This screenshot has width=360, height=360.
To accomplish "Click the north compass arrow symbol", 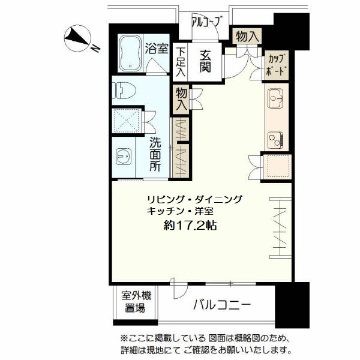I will (x=79, y=37).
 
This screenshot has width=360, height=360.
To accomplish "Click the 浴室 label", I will (x=157, y=49).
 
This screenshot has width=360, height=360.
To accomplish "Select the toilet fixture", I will (x=123, y=89).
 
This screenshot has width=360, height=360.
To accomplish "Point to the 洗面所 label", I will (x=155, y=155).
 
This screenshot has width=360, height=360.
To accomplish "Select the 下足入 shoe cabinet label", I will (x=181, y=62).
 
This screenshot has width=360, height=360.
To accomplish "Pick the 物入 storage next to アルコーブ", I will (x=247, y=35).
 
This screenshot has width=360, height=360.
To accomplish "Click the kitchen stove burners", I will (x=275, y=140).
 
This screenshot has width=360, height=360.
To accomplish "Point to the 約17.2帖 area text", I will (x=190, y=226).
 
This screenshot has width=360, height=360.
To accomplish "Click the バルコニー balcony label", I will (x=221, y=305).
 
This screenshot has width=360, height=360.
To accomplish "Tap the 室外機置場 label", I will (x=137, y=302).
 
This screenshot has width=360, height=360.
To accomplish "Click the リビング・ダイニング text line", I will (x=195, y=199).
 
